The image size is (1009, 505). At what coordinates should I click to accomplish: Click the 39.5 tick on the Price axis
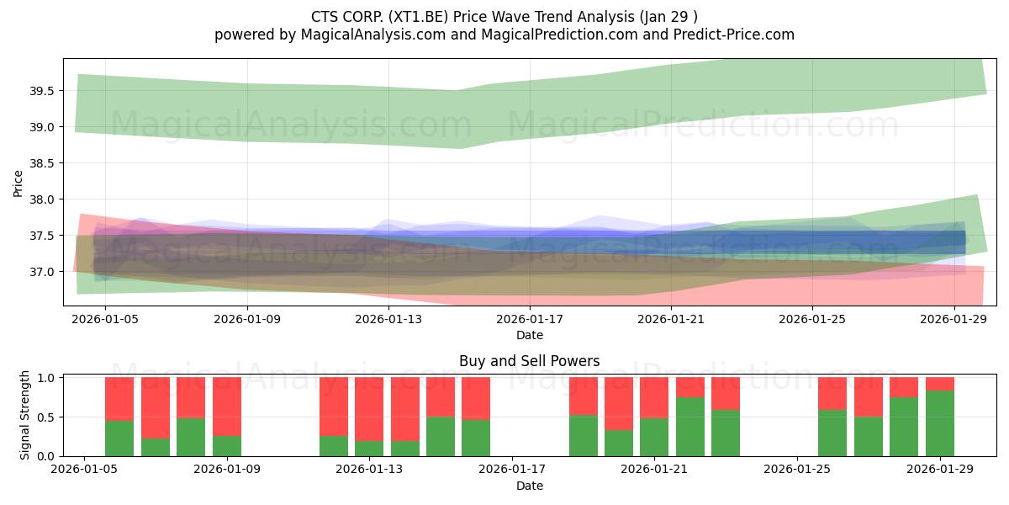41,91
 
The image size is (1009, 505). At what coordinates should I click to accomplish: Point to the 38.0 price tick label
41,199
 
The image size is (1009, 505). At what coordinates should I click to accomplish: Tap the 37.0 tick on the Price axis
41,273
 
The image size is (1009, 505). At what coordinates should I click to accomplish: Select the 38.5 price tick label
41,163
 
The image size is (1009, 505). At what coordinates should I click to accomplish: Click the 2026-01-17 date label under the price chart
530,319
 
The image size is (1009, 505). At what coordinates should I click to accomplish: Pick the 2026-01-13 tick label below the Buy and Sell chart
369,470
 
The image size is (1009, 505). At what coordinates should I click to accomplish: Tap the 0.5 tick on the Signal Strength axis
46,417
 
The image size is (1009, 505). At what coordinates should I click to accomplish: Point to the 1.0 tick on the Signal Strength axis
46,378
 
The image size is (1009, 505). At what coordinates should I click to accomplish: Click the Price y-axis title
18,183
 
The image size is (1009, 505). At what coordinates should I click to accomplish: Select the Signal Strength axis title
24,415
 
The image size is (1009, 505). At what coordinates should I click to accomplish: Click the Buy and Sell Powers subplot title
529,361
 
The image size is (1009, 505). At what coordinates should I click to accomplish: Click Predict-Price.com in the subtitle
734,35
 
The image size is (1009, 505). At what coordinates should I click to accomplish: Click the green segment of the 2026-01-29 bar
940,423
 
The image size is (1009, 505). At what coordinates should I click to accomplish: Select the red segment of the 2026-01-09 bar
227,407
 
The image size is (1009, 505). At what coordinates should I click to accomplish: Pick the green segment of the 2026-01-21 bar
654,438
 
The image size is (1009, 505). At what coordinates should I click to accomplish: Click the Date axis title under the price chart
530,335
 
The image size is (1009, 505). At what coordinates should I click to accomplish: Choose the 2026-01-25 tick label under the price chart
812,319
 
